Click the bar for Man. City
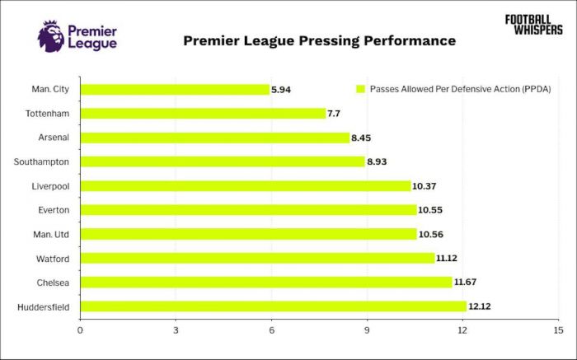coord(175,89)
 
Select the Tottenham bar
coord(204,113)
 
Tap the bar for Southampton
coord(223,161)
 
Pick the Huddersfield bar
coord(274,306)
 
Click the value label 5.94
coord(281,89)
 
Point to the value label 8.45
coord(361,138)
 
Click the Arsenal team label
coord(54,138)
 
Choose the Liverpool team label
coord(51,186)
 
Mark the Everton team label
coord(54,210)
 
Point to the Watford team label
coord(53,259)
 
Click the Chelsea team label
coord(53,283)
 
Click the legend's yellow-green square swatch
coord(359,89)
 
